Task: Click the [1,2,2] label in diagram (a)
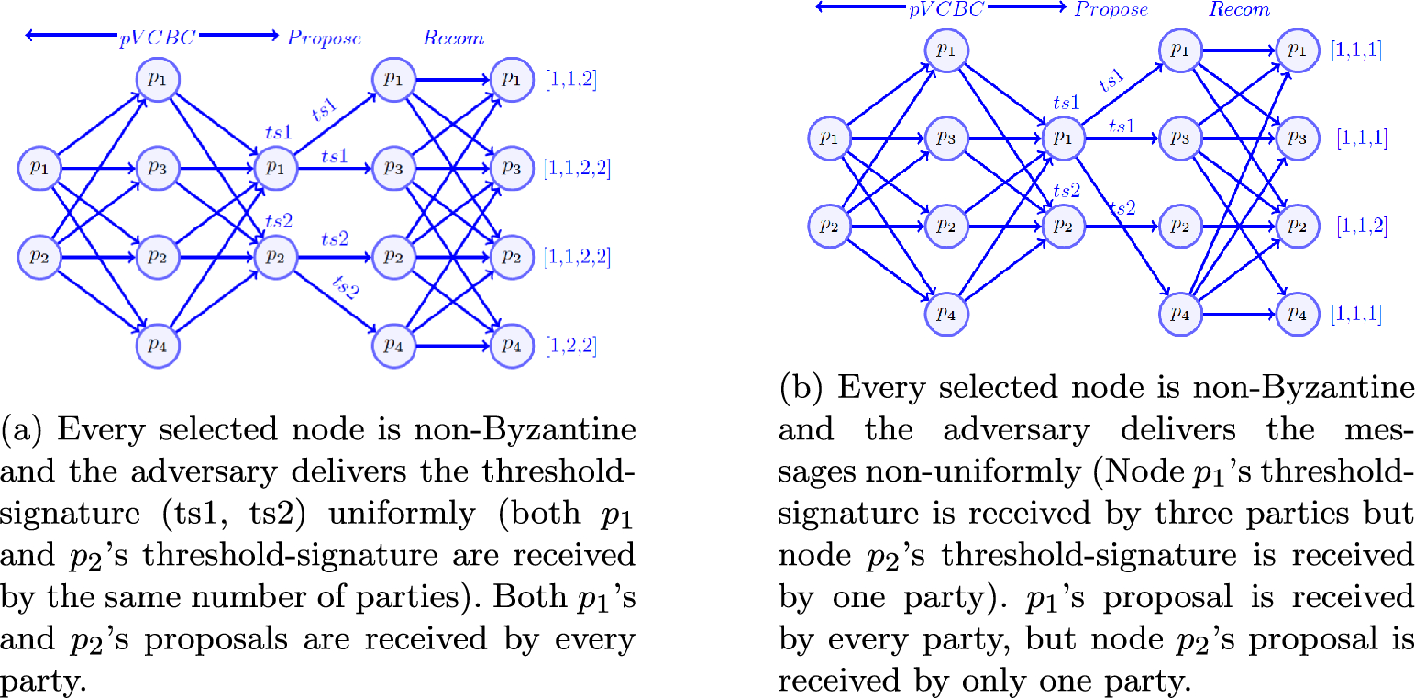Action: coord(570,346)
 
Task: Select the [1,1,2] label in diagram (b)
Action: coord(1361,226)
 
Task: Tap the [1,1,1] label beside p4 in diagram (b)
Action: coord(1355,314)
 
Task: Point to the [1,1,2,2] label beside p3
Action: coord(577,169)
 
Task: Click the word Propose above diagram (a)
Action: coord(325,38)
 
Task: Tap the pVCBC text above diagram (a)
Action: coord(151,38)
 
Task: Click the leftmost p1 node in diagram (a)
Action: coord(39,169)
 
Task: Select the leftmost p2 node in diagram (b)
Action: coord(829,226)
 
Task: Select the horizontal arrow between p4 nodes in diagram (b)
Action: coord(1237,314)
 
